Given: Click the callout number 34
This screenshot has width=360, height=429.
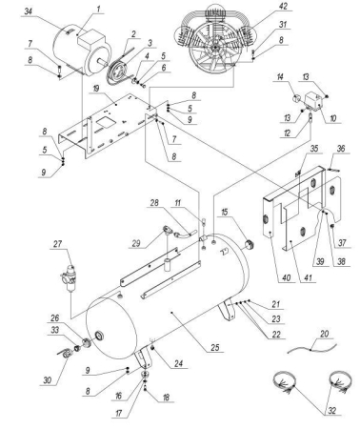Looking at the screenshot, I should click(54, 10).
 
